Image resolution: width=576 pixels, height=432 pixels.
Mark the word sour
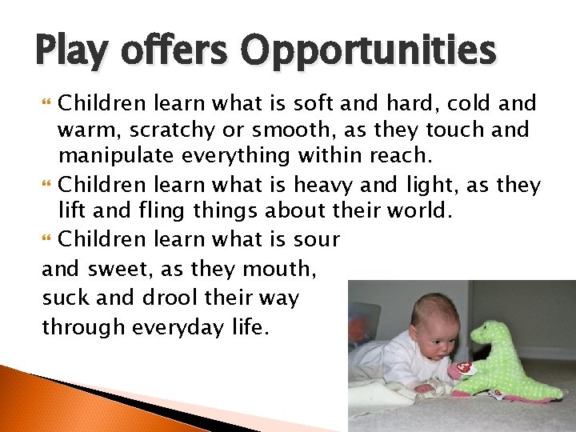(x=318, y=239)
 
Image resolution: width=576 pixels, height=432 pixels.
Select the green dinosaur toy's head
(x=487, y=337)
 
